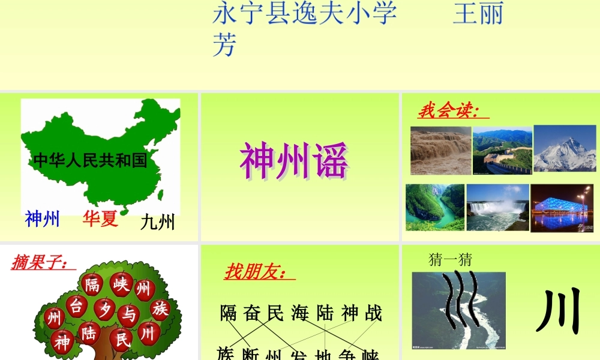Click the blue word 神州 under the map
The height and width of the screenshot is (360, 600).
tap(42, 220)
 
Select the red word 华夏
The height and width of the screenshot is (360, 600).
tap(100, 219)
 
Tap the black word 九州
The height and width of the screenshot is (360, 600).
tap(157, 223)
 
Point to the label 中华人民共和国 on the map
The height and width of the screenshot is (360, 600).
tap(90, 160)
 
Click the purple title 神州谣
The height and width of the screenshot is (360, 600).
tap(294, 161)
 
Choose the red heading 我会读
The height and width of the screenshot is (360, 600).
tap(449, 111)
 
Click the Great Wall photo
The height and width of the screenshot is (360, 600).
tap(502, 151)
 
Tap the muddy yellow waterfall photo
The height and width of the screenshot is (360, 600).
tap(440, 151)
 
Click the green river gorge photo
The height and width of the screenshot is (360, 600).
tap(435, 207)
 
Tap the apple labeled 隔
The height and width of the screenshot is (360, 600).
tap(92, 284)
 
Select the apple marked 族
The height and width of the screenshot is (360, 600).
tap(160, 310)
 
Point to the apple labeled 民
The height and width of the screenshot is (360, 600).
tap(122, 340)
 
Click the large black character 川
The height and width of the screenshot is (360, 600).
tap(559, 313)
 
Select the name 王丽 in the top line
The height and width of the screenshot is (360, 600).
tap(478, 13)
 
